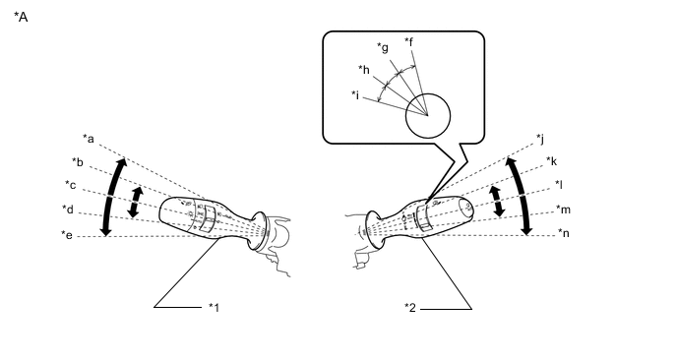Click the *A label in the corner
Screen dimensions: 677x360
pyautogui.click(x=21, y=17)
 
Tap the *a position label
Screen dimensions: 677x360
pyautogui.click(x=89, y=139)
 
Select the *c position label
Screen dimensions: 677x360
pyautogui.click(x=71, y=185)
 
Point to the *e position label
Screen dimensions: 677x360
pyautogui.click(x=67, y=235)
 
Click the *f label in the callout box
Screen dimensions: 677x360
pyautogui.click(x=409, y=42)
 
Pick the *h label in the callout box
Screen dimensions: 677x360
pyautogui.click(x=364, y=69)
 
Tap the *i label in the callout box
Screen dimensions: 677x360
pyautogui.click(x=355, y=94)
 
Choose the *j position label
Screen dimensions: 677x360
pyautogui.click(x=540, y=139)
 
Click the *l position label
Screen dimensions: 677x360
pyautogui.click(x=559, y=185)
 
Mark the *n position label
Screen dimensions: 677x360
pyautogui.click(x=564, y=233)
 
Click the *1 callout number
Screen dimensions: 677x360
pyautogui.click(x=215, y=307)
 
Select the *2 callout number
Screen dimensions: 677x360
pyautogui.click(x=410, y=308)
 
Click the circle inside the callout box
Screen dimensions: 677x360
pyautogui.click(x=428, y=116)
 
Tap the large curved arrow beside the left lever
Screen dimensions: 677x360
pyautogui.click(x=110, y=197)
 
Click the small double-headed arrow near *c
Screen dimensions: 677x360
pyautogui.click(x=136, y=202)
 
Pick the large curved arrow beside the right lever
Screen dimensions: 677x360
pyautogui.click(x=522, y=196)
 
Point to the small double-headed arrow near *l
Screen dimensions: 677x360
pyautogui.click(x=497, y=202)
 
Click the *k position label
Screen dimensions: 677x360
pyautogui.click(x=552, y=161)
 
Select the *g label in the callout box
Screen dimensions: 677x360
pyautogui.click(x=383, y=47)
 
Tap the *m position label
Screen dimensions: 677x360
pyautogui.click(x=564, y=210)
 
